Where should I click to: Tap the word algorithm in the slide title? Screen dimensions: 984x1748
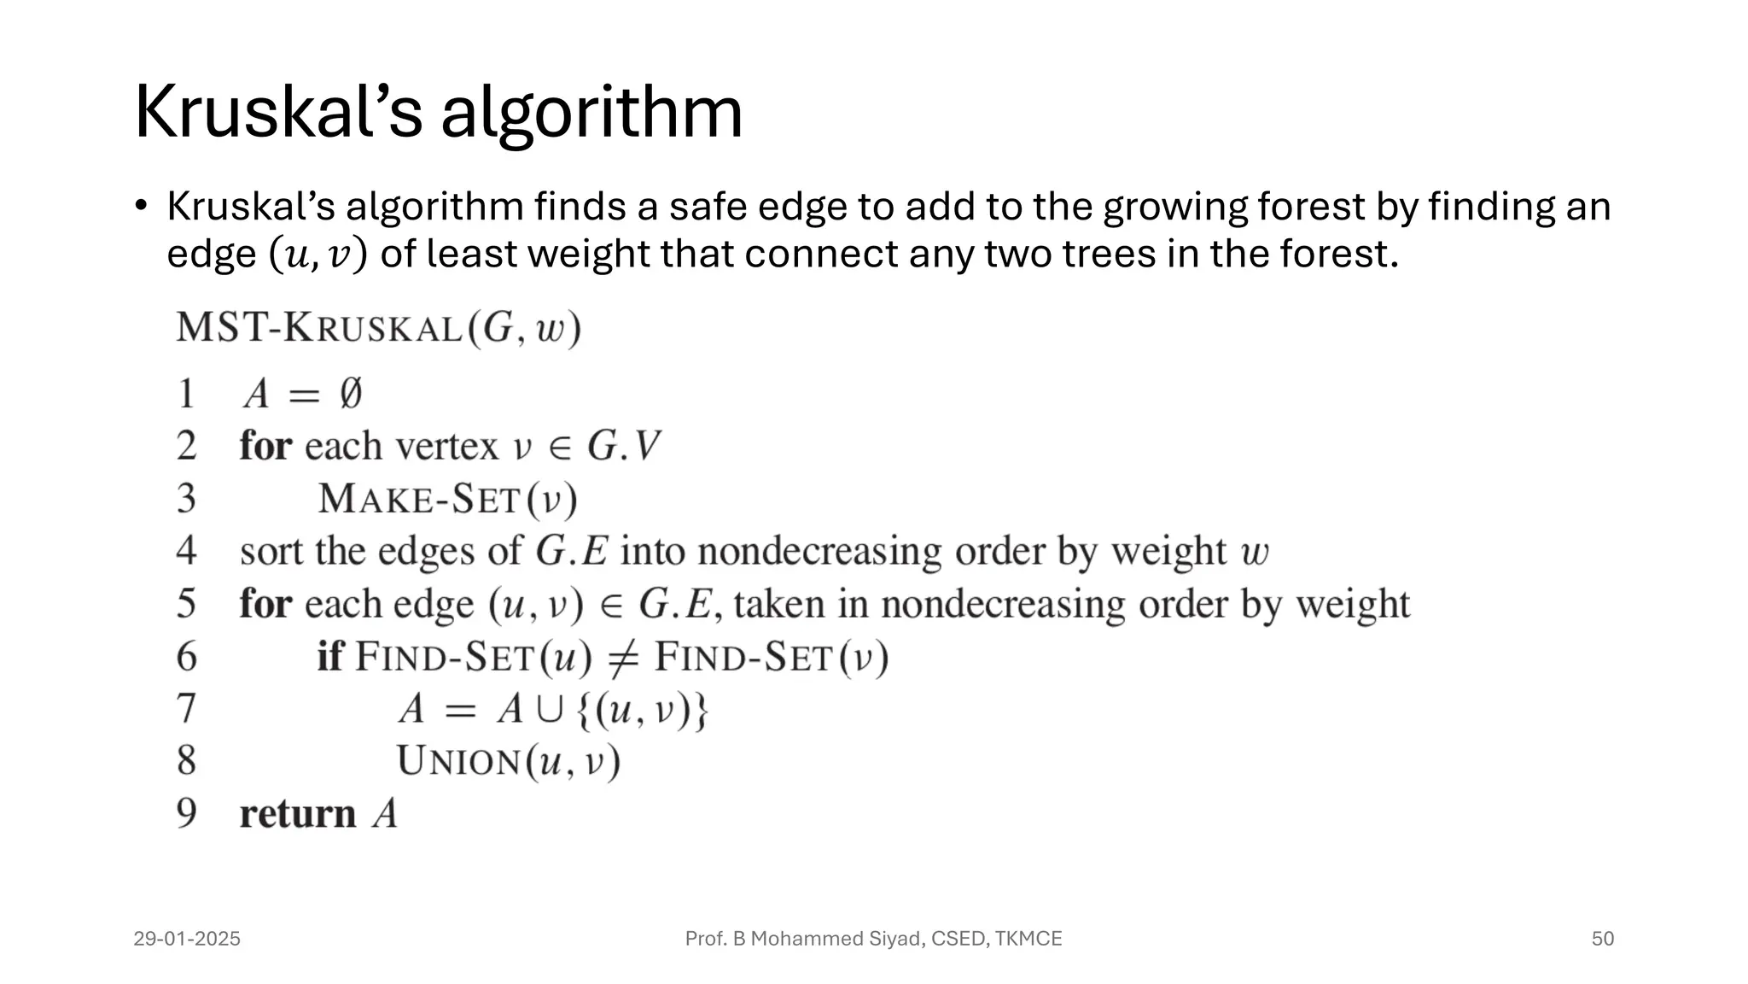click(x=591, y=114)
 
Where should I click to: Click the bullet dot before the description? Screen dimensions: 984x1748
click(x=142, y=206)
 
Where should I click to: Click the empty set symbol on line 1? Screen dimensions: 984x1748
click(x=350, y=394)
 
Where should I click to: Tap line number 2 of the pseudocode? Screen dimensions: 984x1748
click(x=186, y=447)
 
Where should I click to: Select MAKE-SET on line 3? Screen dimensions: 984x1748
click(x=419, y=500)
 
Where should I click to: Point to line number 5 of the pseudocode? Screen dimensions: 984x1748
click(x=186, y=604)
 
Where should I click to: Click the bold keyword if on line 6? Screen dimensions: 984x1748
click(x=329, y=657)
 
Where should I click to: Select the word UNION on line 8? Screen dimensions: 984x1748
click(x=458, y=762)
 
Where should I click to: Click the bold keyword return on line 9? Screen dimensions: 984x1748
click(x=297, y=814)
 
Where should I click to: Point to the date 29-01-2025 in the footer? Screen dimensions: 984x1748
click(x=187, y=939)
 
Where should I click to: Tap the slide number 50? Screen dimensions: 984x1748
click(x=1602, y=939)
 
